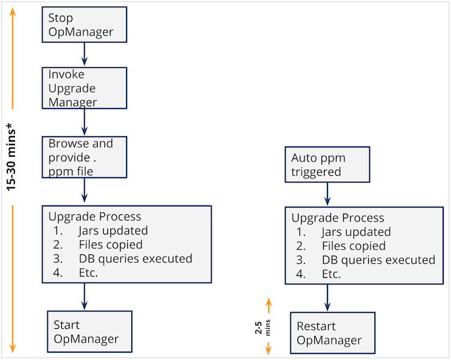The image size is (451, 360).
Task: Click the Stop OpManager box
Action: tap(85, 25)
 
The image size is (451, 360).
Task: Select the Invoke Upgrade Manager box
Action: tap(85, 88)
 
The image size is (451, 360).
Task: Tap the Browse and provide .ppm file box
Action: tap(85, 157)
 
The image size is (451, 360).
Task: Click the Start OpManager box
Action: tap(90, 332)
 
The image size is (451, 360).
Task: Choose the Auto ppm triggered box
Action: tap(327, 164)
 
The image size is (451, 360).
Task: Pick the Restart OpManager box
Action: tap(333, 333)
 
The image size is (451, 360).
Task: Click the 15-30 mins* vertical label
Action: tap(11, 157)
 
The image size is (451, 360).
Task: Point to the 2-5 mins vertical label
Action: tap(262, 328)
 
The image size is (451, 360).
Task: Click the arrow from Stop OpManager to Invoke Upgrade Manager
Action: tap(85, 54)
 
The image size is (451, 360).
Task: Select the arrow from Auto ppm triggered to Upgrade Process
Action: tap(327, 194)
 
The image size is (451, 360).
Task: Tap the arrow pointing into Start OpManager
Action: tap(85, 296)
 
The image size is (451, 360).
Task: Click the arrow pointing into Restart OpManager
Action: tap(327, 298)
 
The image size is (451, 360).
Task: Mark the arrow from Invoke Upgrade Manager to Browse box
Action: tap(85, 122)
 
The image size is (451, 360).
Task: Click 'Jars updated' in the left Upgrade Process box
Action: tap(113, 230)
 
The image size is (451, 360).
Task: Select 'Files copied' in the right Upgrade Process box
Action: tap(354, 246)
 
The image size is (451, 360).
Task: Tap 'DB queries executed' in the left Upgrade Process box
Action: tap(136, 259)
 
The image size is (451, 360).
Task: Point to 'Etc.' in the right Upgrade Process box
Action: tap(331, 274)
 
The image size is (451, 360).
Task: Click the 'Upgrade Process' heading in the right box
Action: tap(338, 218)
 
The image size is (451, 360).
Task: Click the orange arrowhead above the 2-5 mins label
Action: tap(268, 302)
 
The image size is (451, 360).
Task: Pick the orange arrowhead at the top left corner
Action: tap(13, 11)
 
